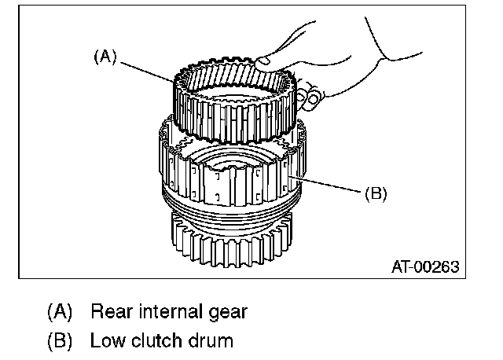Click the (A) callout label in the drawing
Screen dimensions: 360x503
105,57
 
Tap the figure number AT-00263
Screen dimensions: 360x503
425,266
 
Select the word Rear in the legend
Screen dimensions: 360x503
109,311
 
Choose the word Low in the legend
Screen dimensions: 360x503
106,341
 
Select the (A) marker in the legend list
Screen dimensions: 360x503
61,312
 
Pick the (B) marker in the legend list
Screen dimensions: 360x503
61,341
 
